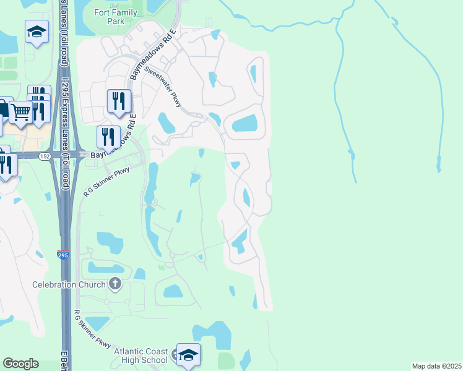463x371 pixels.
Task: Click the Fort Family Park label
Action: (x=109, y=17)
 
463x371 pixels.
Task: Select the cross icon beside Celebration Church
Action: (x=115, y=284)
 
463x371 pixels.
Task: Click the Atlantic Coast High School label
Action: (x=141, y=356)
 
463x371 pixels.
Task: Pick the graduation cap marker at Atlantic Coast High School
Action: (x=188, y=355)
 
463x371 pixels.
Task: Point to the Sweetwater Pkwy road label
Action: (x=162, y=87)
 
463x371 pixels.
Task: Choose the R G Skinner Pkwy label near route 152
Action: (x=106, y=180)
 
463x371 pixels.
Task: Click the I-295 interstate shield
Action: (x=63, y=254)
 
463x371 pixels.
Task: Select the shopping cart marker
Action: (x=20, y=113)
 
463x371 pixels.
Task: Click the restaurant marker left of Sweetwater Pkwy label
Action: (x=119, y=101)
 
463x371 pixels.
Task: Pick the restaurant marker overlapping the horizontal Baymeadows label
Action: (x=108, y=137)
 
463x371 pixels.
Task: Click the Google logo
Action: (x=20, y=364)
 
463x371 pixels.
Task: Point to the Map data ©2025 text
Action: (x=436, y=366)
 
